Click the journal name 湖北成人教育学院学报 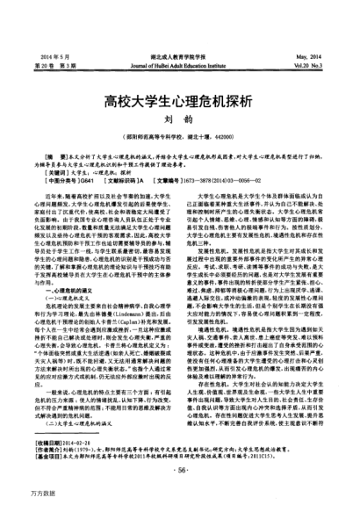179,29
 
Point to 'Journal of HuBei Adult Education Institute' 179,40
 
